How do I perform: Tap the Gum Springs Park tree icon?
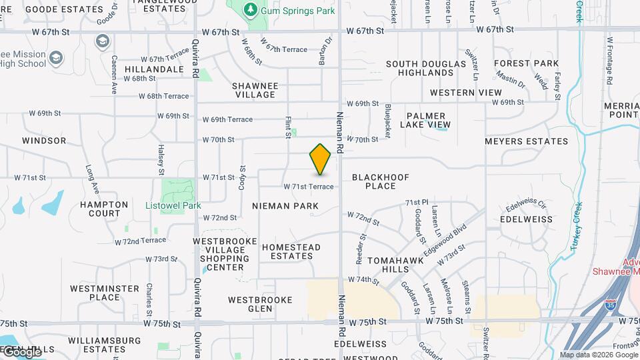coord(251,9)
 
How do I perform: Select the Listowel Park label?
coord(173,205)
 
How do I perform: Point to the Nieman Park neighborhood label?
coord(285,206)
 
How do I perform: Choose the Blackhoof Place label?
coord(381,181)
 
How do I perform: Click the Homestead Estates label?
coord(291,251)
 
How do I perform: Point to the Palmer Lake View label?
coord(425,120)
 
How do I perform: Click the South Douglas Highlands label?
coord(426,68)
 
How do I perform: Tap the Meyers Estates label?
coord(526,141)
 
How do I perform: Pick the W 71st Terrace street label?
coord(309,187)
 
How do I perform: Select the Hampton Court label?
coord(104,209)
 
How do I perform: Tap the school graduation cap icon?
coord(102,42)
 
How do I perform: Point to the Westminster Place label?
coord(95,293)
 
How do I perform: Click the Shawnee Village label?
coord(254,90)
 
